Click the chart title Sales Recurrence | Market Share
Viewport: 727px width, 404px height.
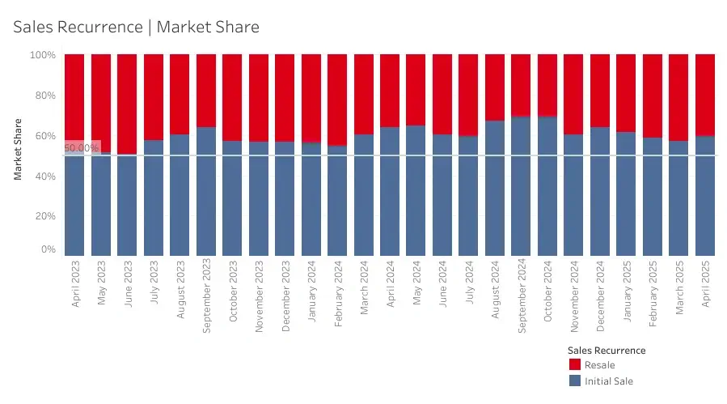(x=136, y=27)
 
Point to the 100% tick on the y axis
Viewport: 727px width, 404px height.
(x=43, y=55)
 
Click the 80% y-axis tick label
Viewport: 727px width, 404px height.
(x=45, y=96)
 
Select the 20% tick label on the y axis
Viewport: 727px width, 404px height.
(x=45, y=216)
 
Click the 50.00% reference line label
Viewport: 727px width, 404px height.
(x=81, y=148)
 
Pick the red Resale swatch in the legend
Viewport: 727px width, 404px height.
(x=574, y=365)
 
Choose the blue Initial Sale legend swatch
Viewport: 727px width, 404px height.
(x=574, y=381)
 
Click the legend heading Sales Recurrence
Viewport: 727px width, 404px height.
(x=607, y=351)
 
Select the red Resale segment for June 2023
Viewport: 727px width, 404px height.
(x=127, y=104)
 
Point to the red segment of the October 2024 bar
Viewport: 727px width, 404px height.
(x=547, y=86)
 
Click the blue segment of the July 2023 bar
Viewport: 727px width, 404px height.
(x=154, y=198)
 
